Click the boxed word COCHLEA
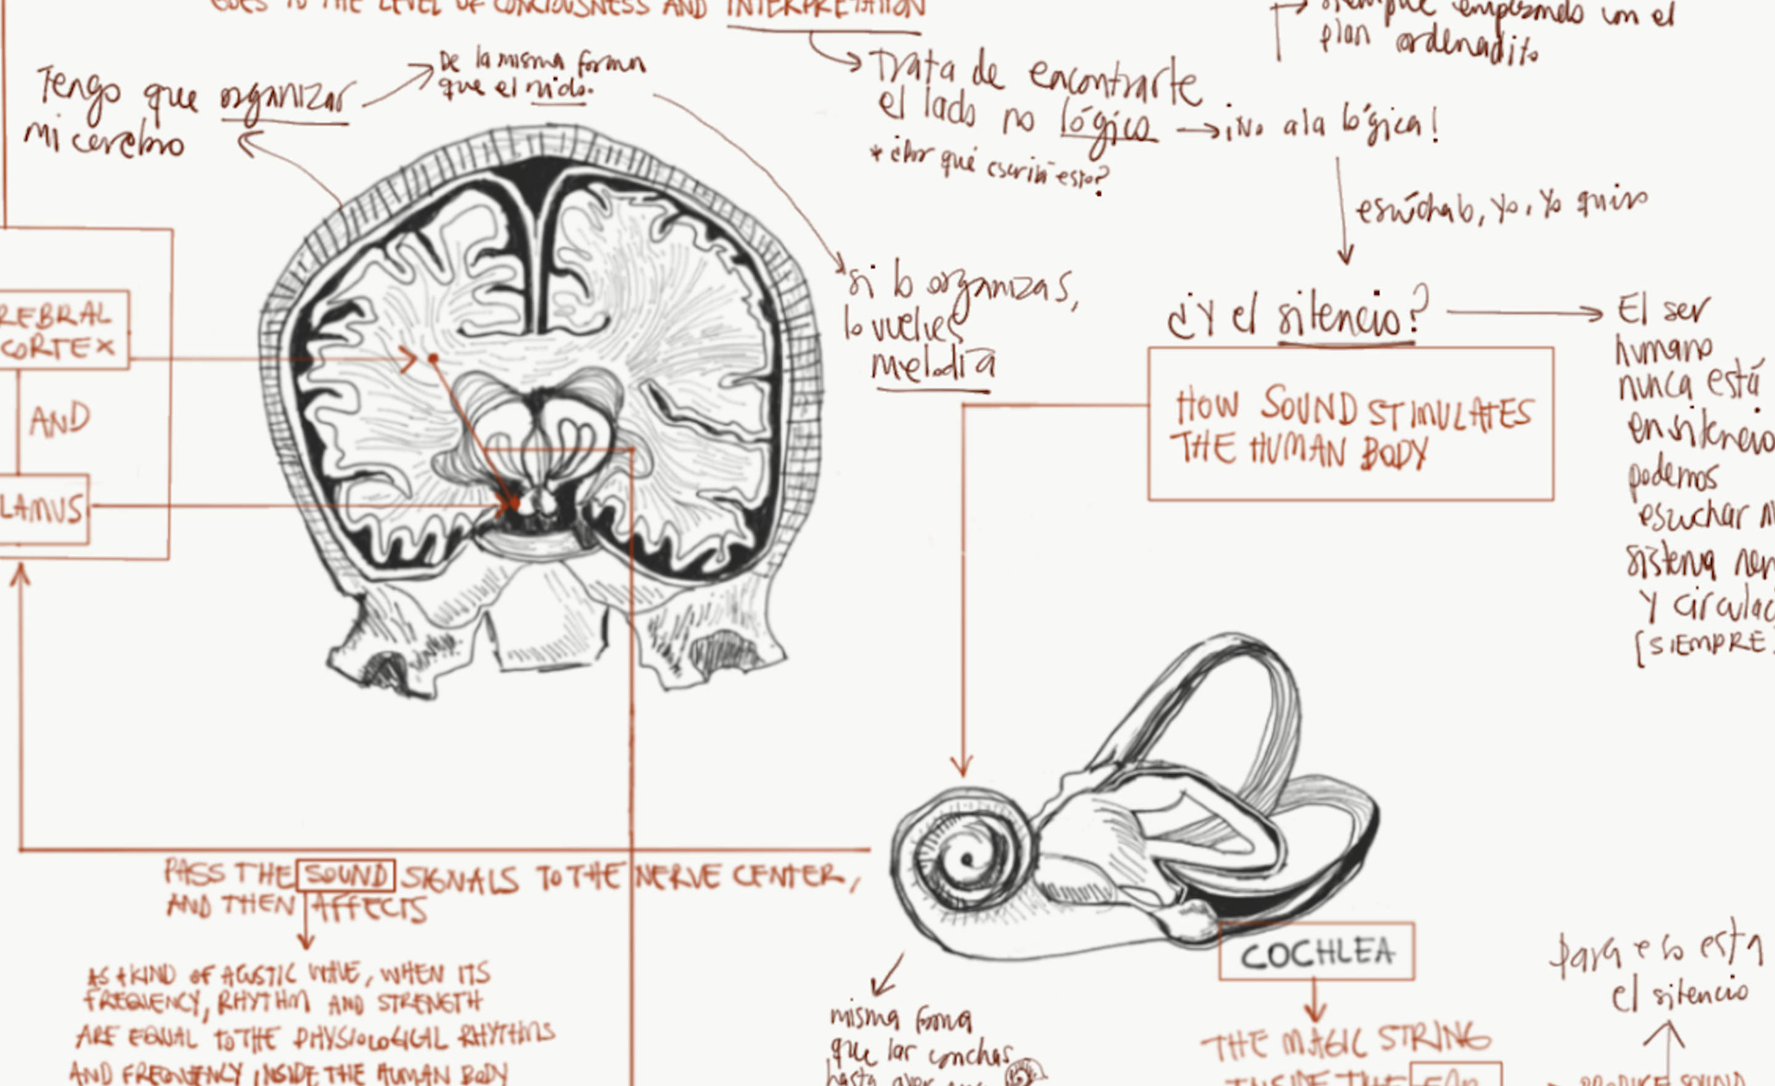[1317, 953]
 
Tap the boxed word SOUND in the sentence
[346, 876]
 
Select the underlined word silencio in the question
[1345, 316]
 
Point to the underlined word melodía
[934, 365]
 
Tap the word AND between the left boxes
[60, 420]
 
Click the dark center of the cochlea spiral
[965, 859]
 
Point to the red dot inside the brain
[433, 358]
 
